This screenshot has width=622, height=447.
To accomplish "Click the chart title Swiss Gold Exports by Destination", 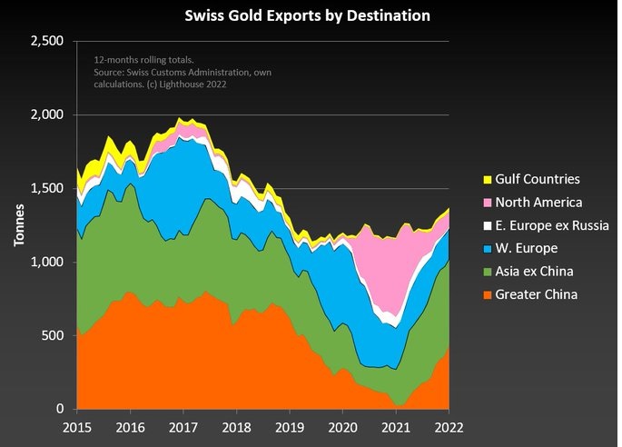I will tap(308, 15).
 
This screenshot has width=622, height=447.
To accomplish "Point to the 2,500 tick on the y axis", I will tap(47, 42).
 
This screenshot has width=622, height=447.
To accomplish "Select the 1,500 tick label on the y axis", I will tap(47, 189).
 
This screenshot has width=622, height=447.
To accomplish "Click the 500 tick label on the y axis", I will tap(54, 336).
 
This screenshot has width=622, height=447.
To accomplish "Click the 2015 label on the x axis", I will tap(79, 427).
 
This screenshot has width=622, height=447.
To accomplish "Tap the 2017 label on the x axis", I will tap(184, 427).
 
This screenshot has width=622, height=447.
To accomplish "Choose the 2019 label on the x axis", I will tap(291, 427).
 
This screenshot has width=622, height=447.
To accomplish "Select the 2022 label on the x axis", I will tap(449, 427).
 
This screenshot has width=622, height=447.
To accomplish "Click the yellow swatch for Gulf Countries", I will tap(487, 179).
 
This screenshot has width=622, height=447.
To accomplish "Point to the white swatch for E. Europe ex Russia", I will tap(487, 225).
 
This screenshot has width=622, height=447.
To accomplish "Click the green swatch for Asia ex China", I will tap(487, 271).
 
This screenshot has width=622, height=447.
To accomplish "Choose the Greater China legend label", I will tap(542, 294).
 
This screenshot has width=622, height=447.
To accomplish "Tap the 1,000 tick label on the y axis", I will tap(47, 263).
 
